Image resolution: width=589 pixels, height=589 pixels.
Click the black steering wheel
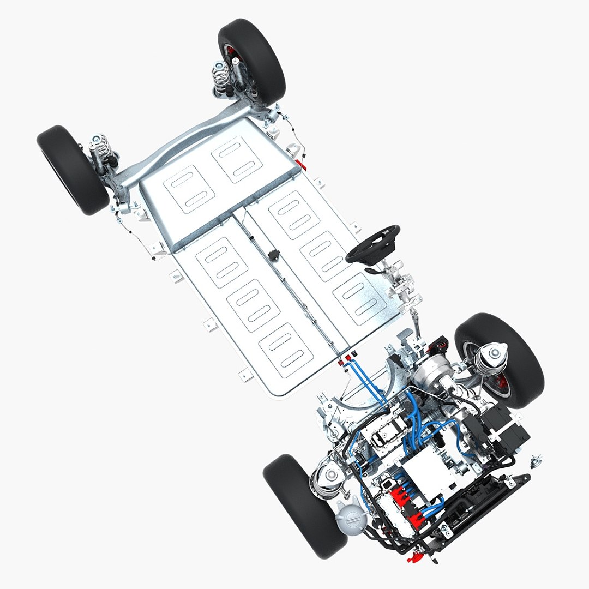(372, 243)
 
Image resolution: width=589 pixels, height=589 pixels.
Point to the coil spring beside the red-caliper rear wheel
(221, 77)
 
